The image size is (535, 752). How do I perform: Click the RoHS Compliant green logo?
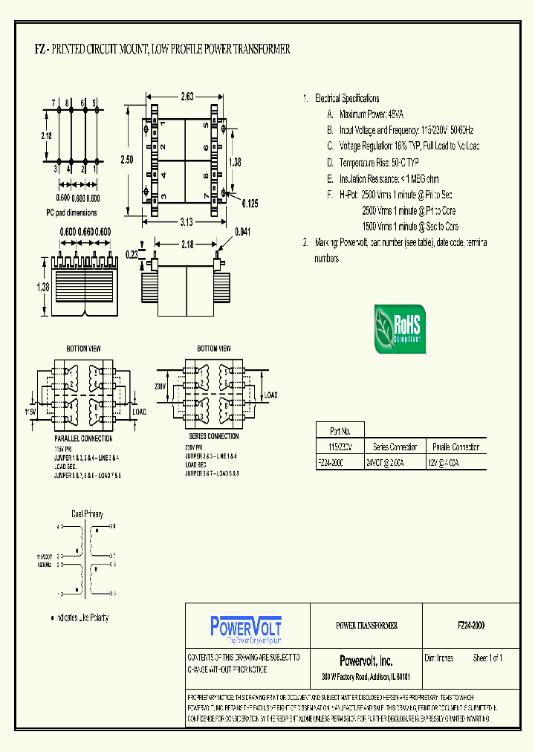point(398,328)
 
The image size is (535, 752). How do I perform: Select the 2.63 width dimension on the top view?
point(187,96)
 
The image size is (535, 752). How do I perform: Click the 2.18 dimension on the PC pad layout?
point(47,135)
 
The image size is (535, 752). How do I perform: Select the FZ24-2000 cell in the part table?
point(330,461)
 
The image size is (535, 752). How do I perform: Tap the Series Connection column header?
point(395,447)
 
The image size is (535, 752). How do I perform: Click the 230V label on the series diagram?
point(160,386)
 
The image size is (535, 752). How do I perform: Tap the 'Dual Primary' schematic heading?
point(87,513)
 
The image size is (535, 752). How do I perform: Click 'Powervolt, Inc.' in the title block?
point(366,661)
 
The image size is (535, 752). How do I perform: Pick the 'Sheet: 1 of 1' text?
point(487,658)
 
